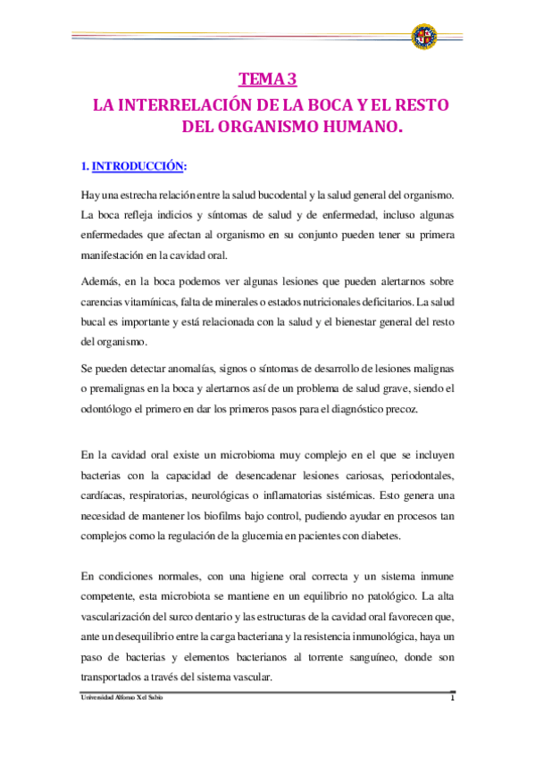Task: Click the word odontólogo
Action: coord(108,409)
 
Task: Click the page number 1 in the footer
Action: coord(453,697)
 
